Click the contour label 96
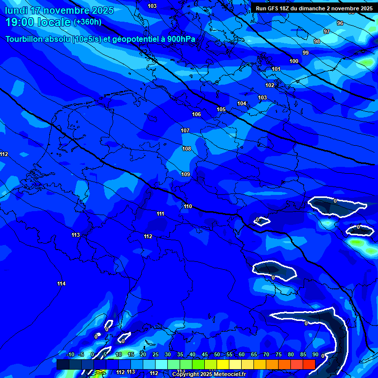(340, 23)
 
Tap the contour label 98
(317, 41)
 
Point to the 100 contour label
(294, 61)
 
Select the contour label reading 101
(276, 69)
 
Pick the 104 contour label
(242, 103)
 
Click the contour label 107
(185, 130)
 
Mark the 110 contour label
(188, 206)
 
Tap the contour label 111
(160, 214)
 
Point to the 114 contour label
(61, 283)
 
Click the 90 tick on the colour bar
(315, 354)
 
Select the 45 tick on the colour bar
(204, 354)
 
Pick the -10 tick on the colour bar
(70, 354)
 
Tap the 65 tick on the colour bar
(253, 354)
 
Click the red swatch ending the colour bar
(309, 364)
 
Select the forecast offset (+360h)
(87, 22)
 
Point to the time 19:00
(21, 22)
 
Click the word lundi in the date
(16, 10)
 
